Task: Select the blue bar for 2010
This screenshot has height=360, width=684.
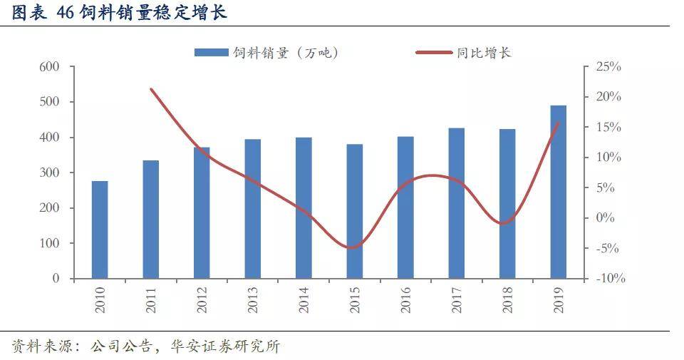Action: click(x=100, y=230)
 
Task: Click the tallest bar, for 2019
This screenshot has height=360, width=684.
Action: click(x=558, y=192)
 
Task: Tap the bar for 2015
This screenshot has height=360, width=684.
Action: click(x=354, y=211)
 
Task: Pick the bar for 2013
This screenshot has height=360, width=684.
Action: click(x=252, y=208)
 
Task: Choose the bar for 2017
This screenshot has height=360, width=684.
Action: click(x=456, y=203)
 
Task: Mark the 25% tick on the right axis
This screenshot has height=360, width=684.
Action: click(x=608, y=67)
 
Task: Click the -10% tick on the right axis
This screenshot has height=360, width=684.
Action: click(x=609, y=279)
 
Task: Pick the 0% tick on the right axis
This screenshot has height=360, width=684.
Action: click(x=606, y=218)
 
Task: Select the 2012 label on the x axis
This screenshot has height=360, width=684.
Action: click(x=202, y=298)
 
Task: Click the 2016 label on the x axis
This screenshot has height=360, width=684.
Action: click(x=405, y=298)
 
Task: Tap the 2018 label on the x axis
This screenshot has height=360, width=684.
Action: click(x=507, y=298)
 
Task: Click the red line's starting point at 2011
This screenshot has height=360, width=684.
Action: click(x=151, y=89)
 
